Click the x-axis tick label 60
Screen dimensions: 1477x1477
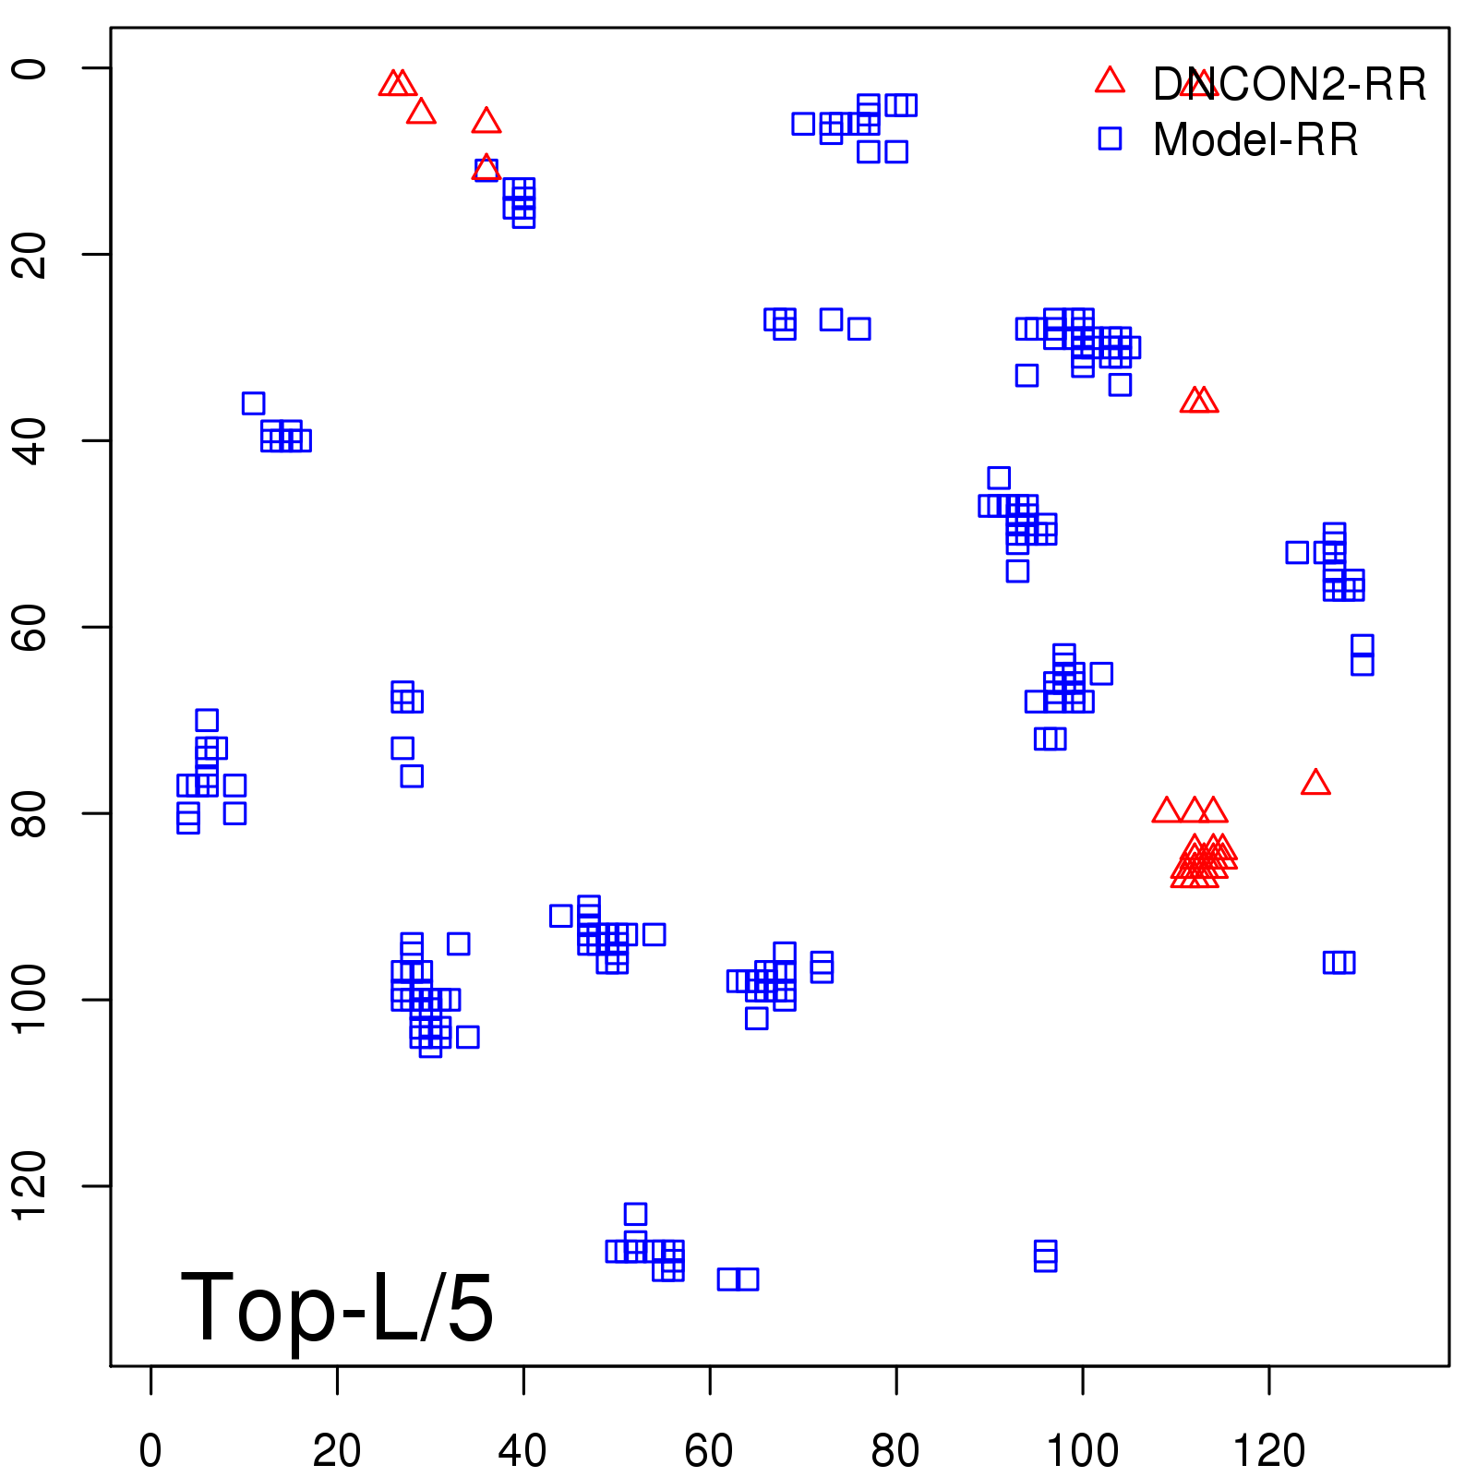(709, 1451)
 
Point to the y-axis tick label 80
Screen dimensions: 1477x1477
(30, 812)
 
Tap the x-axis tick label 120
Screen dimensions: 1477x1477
(1268, 1451)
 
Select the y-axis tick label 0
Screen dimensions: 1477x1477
(30, 68)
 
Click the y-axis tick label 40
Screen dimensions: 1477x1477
(30, 440)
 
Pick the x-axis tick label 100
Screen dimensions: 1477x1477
(1082, 1451)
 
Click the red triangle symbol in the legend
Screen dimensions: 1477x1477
(1110, 81)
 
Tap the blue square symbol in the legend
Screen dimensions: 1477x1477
(1110, 138)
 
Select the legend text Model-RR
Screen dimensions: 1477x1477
(1255, 140)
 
